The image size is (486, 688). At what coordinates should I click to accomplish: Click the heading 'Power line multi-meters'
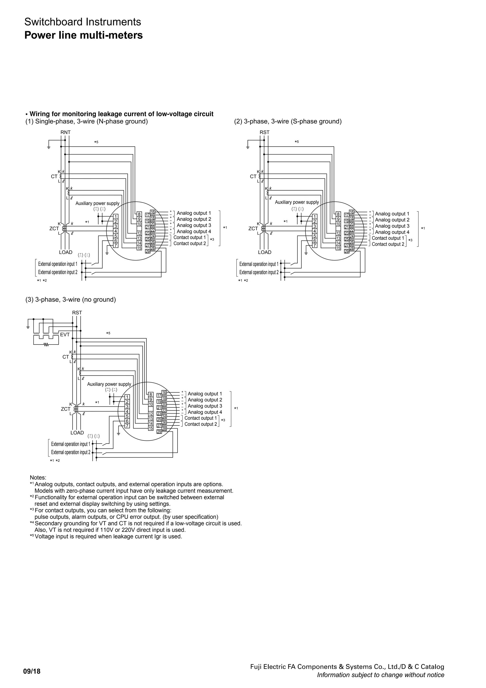pyautogui.click(x=83, y=35)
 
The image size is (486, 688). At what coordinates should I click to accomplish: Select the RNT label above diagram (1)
pyautogui.click(x=65, y=132)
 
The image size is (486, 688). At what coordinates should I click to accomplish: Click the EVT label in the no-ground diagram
pyautogui.click(x=65, y=334)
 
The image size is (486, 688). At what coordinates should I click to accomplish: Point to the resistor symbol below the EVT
pyautogui.click(x=46, y=345)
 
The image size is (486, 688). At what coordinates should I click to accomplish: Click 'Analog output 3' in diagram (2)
pyautogui.click(x=392, y=226)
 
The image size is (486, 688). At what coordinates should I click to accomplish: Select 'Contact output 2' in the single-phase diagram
pyautogui.click(x=190, y=243)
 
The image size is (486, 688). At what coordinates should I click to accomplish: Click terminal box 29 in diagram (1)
pyautogui.click(x=148, y=251)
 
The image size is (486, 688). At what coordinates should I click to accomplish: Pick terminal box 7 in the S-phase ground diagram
pyautogui.click(x=314, y=245)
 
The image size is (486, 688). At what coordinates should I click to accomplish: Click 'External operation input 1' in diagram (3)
pyautogui.click(x=71, y=444)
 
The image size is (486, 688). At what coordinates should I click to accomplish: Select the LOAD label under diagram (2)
pyautogui.click(x=265, y=252)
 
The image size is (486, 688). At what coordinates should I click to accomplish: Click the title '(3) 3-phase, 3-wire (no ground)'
pyautogui.click(x=71, y=300)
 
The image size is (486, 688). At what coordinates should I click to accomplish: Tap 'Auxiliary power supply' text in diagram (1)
pyautogui.click(x=97, y=203)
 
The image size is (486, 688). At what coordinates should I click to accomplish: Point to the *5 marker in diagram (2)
pyautogui.click(x=297, y=142)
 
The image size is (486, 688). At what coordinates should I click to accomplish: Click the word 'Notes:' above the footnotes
pyautogui.click(x=38, y=478)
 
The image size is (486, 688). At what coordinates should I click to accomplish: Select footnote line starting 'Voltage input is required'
pyautogui.click(x=108, y=536)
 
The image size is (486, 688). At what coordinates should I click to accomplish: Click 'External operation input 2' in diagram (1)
pyautogui.click(x=58, y=272)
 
